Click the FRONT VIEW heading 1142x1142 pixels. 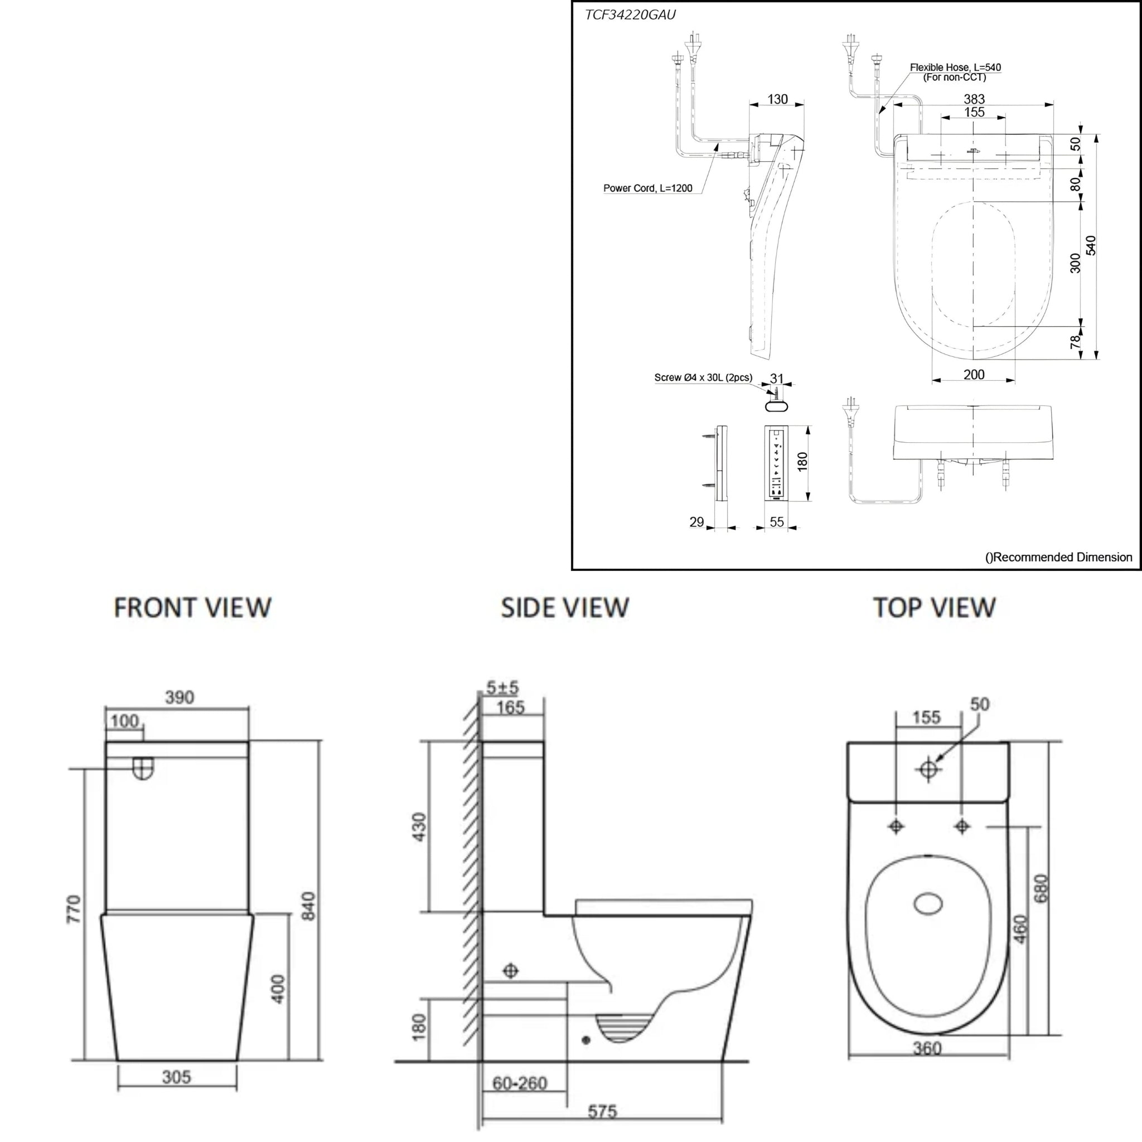pos(192,608)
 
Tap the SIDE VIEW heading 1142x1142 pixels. pos(564,608)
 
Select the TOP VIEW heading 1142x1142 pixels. pos(934,608)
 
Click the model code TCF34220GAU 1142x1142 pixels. pos(630,16)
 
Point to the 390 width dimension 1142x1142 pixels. pos(179,698)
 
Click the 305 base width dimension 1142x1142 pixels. pos(176,1077)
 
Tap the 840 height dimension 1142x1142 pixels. pos(308,906)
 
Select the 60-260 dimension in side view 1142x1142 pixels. pos(520,1083)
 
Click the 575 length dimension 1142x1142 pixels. pos(602,1111)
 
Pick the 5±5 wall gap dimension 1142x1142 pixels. pos(502,688)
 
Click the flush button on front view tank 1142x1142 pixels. pos(142,768)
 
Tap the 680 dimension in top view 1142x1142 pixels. pos(1042,888)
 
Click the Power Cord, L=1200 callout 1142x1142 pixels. pos(647,188)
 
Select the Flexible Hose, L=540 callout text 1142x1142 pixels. pos(955,68)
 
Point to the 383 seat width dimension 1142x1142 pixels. pos(974,99)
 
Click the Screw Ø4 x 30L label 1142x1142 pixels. pos(703,378)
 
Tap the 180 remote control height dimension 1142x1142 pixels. pos(802,461)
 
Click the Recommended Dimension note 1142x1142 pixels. pos(1058,557)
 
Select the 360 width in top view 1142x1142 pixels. pos(927,1048)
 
